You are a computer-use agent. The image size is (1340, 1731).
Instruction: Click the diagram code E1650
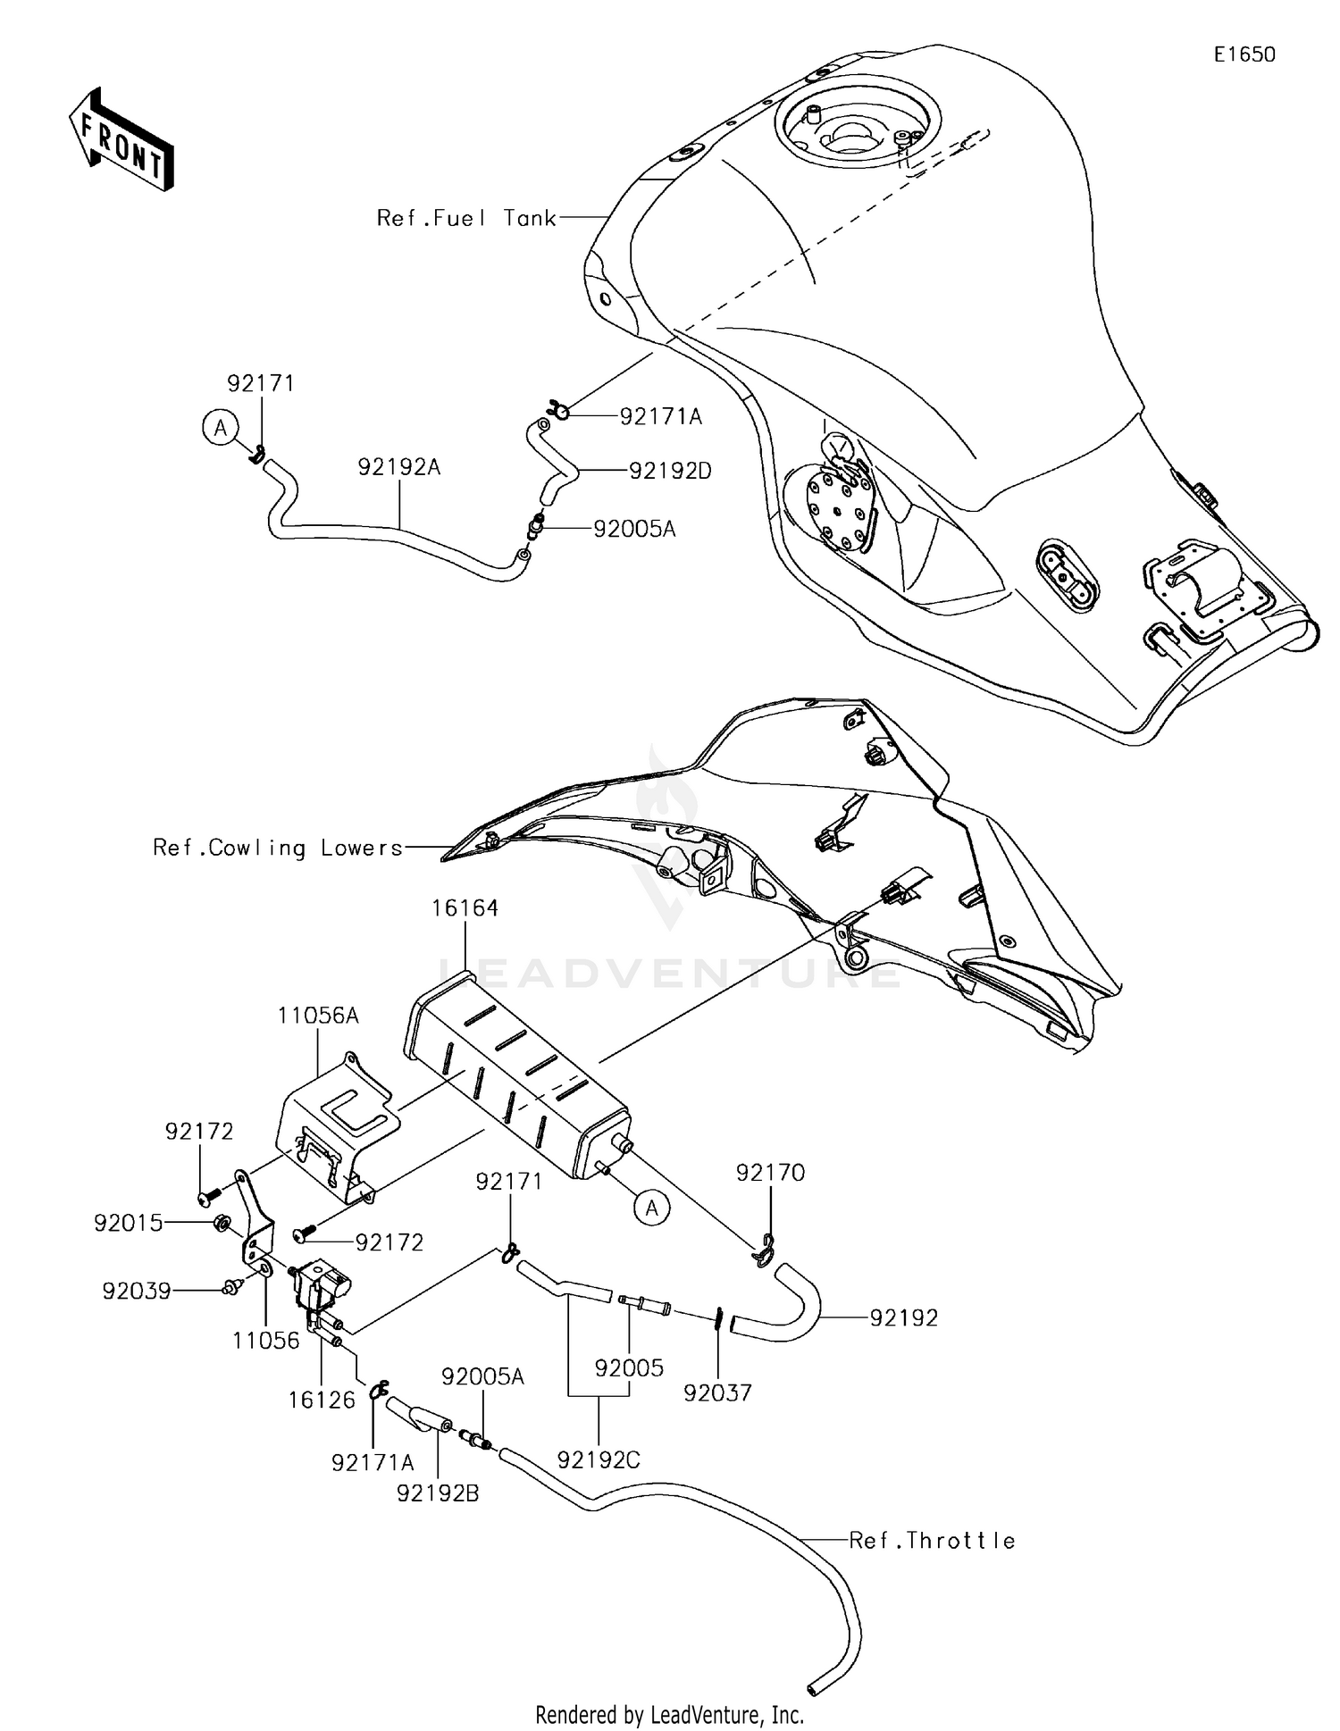tap(1244, 54)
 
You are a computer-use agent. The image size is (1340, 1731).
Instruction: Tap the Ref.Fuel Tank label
tap(466, 218)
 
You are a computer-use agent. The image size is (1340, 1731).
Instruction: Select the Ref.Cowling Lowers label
tap(278, 848)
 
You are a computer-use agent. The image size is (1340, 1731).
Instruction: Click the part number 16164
tap(465, 908)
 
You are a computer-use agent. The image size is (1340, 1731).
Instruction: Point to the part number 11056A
tap(318, 1016)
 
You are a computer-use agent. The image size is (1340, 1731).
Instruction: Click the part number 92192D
tap(670, 471)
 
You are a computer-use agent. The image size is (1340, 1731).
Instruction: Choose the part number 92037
tap(717, 1392)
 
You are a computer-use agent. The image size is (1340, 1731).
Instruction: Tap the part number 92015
tap(129, 1223)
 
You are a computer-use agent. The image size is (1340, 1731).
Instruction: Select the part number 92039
tap(136, 1292)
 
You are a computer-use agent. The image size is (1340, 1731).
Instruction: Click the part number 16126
tap(322, 1400)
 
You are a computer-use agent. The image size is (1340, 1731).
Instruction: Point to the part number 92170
tap(770, 1173)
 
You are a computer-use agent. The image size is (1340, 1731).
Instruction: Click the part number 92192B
tap(438, 1493)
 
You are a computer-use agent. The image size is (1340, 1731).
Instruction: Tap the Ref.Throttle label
tap(932, 1541)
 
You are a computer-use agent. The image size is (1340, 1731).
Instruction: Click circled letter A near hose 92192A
tap(220, 428)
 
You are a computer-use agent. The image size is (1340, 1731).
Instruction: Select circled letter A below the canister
tap(652, 1208)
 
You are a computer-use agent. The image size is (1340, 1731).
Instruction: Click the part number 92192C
tap(599, 1459)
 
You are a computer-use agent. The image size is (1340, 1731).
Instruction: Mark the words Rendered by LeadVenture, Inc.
tap(669, 1714)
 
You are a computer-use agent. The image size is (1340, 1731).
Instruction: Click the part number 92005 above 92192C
tap(629, 1368)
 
